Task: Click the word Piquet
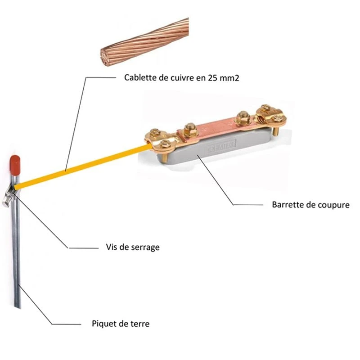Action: pos(103,324)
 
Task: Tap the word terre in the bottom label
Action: pos(139,324)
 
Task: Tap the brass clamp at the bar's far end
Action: pos(270,115)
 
